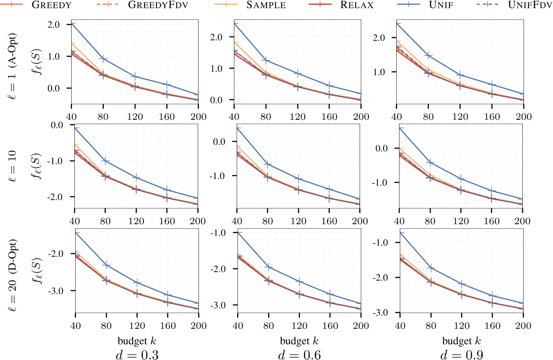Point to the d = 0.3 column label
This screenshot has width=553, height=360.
pos(137,354)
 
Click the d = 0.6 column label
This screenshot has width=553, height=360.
pos(299,354)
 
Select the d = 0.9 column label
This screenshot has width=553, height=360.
pos(461,354)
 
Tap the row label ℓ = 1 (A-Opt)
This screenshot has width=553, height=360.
pos(13,66)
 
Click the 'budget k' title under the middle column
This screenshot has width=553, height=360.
pos(299,341)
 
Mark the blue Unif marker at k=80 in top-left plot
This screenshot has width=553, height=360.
pos(103,59)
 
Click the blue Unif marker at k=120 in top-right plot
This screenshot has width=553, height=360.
pos(460,75)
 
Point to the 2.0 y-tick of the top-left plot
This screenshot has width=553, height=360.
pos(53,25)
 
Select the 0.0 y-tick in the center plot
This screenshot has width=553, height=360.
pos(219,142)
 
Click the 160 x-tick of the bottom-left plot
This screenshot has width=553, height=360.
pos(168,326)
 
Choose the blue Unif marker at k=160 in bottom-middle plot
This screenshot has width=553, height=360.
pos(330,294)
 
